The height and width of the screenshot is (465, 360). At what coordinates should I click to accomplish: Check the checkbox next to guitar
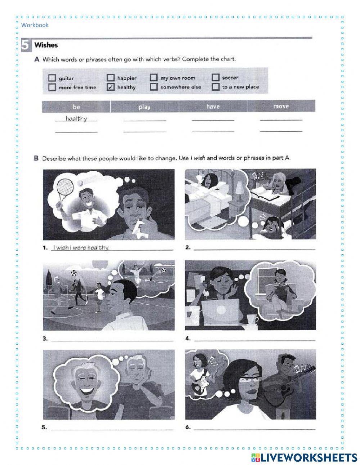52,78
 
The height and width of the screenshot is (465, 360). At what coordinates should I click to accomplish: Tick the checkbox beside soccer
215,77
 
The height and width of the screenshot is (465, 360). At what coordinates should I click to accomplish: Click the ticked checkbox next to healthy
111,87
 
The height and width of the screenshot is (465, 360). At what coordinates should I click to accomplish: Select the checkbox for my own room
154,78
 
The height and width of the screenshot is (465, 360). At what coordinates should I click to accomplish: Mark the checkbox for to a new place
215,87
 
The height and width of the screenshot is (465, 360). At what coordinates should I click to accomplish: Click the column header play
144,107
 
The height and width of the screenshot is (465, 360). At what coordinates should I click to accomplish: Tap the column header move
281,106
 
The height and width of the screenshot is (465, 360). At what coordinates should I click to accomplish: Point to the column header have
213,106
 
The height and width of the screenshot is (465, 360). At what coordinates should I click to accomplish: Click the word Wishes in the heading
46,45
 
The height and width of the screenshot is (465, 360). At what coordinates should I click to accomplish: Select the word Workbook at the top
35,25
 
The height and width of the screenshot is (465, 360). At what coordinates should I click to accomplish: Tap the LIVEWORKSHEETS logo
304,457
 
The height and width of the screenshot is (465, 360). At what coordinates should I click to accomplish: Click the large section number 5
25,45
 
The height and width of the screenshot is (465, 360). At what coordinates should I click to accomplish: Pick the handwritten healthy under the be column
76,119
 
